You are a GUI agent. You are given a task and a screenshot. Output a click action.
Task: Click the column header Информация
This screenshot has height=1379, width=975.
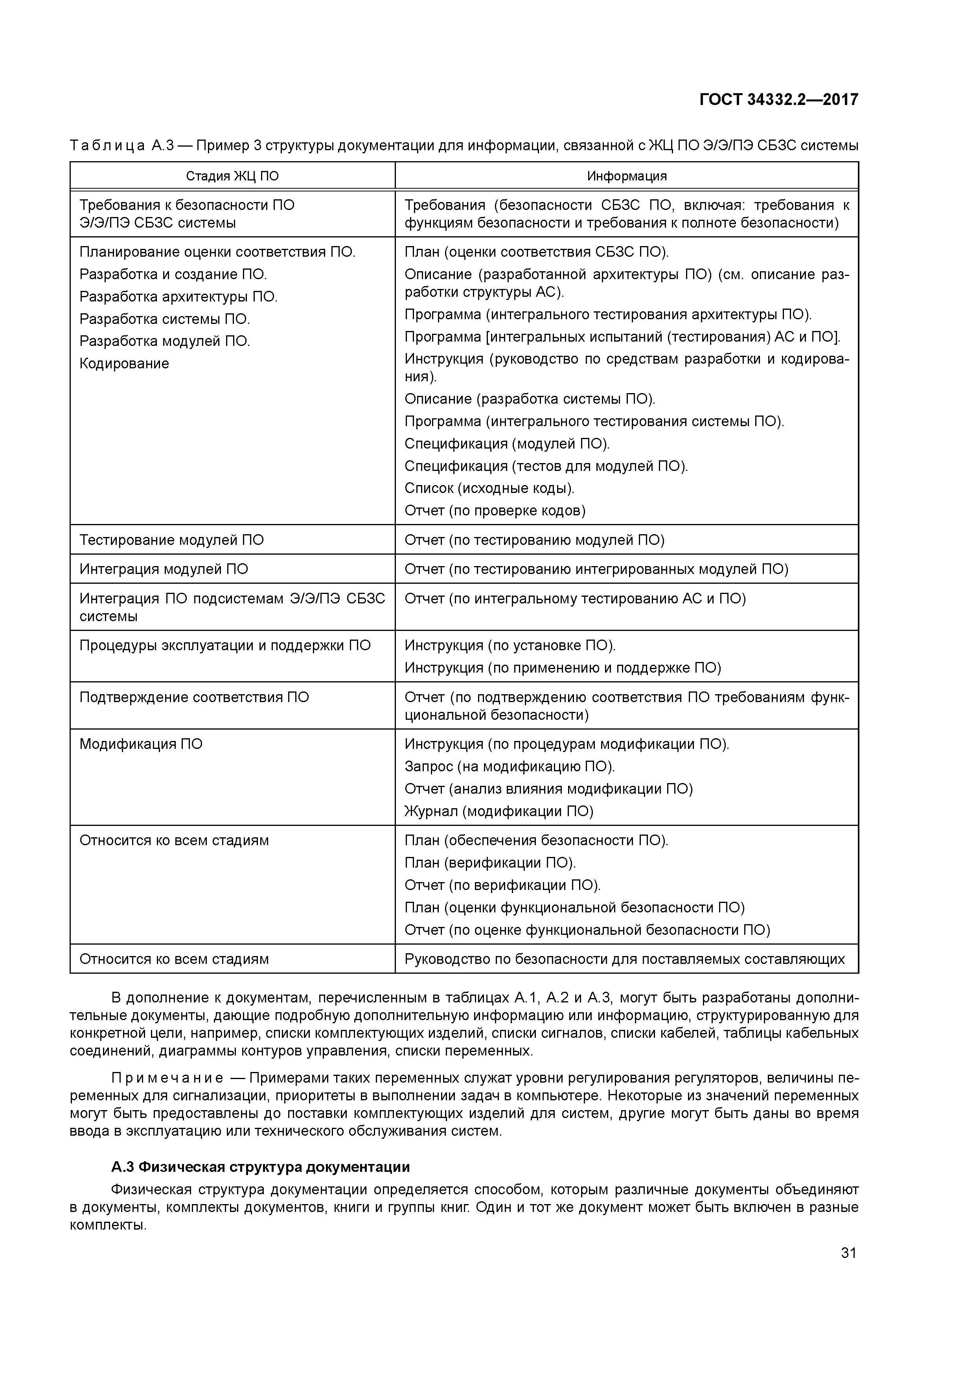pos(627,176)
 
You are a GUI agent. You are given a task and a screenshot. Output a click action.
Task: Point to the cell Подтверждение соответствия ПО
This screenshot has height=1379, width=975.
pos(194,697)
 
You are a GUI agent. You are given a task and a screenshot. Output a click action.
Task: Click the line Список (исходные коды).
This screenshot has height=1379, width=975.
pos(489,488)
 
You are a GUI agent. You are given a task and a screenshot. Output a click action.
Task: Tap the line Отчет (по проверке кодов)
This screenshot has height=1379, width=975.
pos(495,511)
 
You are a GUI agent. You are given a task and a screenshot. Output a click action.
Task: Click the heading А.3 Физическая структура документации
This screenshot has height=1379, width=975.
pos(261,1167)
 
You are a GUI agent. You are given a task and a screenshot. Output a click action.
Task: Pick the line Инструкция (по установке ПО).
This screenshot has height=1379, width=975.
pos(510,645)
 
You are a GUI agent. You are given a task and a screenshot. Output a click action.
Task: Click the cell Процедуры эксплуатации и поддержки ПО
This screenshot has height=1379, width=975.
pos(225,645)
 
